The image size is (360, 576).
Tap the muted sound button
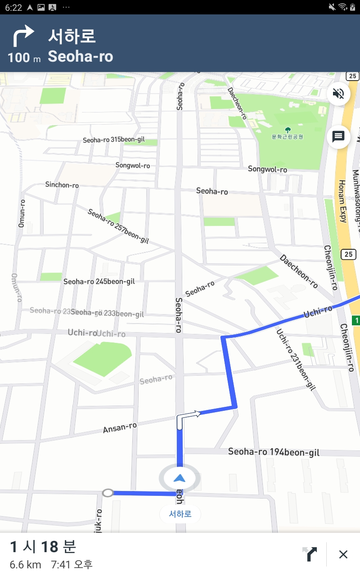[338, 94]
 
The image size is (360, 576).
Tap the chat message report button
[338, 136]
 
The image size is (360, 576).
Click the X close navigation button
[343, 554]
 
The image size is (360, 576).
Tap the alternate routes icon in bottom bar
[310, 554]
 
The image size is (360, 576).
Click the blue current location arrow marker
[180, 478]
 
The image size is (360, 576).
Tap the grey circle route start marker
[108, 493]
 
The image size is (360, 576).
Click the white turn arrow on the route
[188, 417]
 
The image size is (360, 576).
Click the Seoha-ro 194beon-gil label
[274, 452]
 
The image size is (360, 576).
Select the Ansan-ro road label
[120, 428]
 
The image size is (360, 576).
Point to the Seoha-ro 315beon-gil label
[114, 140]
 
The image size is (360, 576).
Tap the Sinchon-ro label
[62, 184]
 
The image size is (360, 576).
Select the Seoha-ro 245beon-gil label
[99, 282]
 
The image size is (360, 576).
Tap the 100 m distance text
[24, 58]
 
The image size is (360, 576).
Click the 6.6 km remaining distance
[25, 564]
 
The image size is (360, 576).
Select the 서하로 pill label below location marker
[180, 514]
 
